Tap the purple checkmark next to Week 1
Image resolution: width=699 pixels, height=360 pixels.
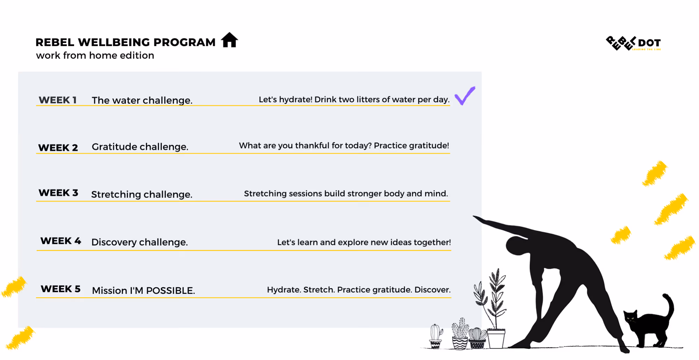pyautogui.click(x=464, y=96)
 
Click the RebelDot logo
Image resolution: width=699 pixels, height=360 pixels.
pyautogui.click(x=633, y=43)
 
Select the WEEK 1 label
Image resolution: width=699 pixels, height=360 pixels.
pyautogui.click(x=58, y=100)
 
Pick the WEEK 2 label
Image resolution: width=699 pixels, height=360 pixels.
pyautogui.click(x=58, y=147)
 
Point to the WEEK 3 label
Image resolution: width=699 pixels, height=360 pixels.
pyautogui.click(x=58, y=193)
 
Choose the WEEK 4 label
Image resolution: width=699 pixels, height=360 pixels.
pyautogui.click(x=60, y=241)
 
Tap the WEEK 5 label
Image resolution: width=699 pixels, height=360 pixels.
pyautogui.click(x=60, y=289)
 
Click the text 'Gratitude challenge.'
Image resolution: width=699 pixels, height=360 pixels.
pyautogui.click(x=140, y=147)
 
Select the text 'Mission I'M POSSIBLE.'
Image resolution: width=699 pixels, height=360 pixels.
pyautogui.click(x=143, y=290)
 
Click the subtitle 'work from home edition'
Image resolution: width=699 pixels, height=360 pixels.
pyautogui.click(x=95, y=56)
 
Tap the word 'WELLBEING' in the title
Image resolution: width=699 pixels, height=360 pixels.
pyautogui.click(x=114, y=42)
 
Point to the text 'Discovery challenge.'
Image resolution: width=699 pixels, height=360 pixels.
pyautogui.click(x=139, y=242)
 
